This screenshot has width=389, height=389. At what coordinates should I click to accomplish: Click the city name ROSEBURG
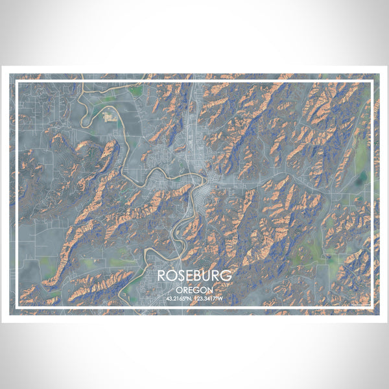tap(194, 276)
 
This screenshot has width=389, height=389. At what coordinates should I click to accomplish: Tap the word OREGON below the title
tap(194, 290)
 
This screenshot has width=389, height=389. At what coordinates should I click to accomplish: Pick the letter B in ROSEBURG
tap(197, 276)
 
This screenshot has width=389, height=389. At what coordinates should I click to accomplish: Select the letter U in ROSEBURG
tap(207, 276)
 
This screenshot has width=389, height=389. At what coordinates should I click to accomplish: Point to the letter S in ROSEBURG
tap(179, 276)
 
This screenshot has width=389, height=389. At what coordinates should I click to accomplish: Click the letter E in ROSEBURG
tap(188, 276)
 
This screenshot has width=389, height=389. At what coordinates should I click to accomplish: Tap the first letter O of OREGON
tap(179, 290)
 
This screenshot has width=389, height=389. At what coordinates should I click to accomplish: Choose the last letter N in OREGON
tap(209, 290)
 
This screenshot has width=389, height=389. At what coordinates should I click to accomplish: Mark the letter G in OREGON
tap(196, 290)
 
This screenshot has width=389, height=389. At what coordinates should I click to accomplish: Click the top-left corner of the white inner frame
tap(17, 82)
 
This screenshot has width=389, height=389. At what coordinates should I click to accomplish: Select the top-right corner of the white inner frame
tap(372, 82)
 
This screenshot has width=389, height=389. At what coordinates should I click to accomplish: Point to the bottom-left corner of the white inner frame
tap(17, 307)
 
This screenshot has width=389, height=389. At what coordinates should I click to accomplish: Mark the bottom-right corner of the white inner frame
tap(372, 307)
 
